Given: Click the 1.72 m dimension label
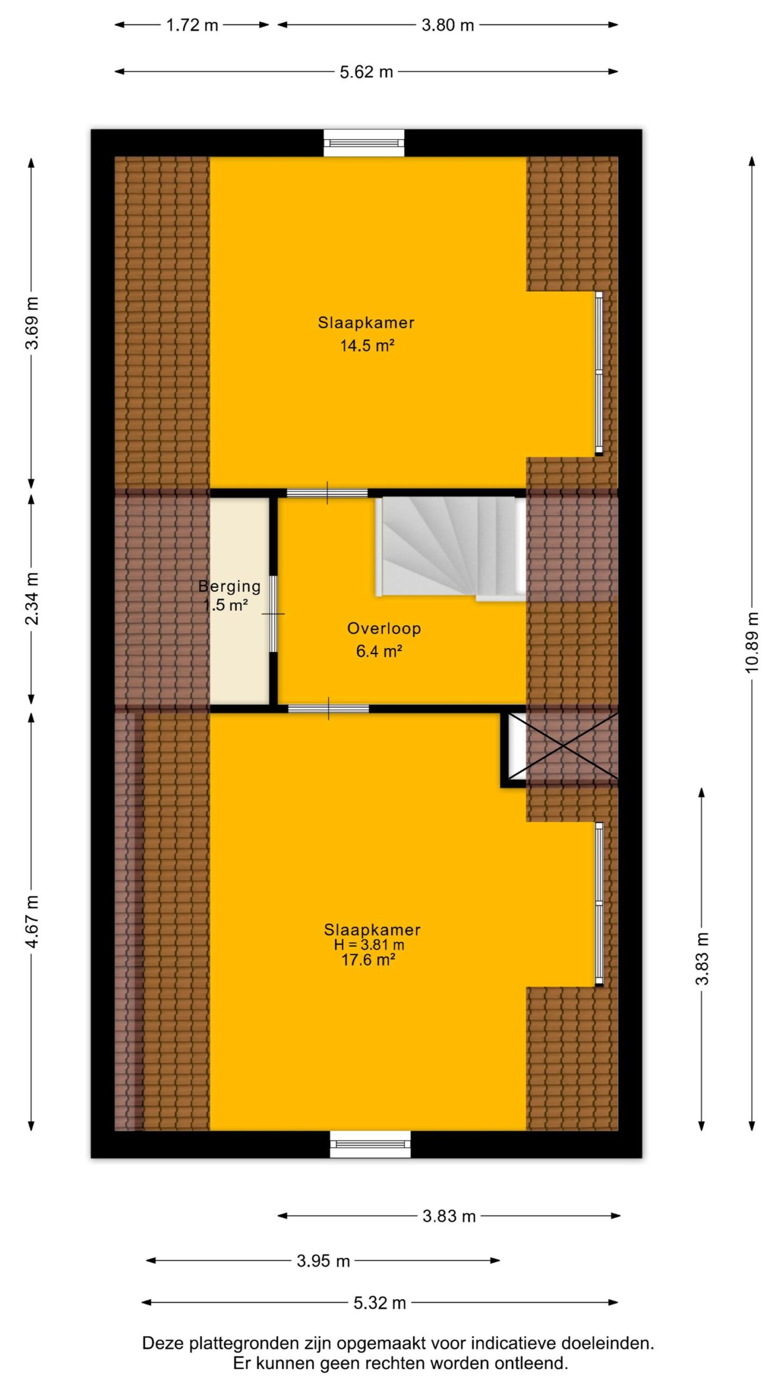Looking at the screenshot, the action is tap(192, 25).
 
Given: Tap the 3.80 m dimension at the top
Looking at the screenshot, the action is tap(448, 25).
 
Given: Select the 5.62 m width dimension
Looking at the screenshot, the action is tap(366, 72).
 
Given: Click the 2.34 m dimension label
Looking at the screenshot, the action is tap(32, 598).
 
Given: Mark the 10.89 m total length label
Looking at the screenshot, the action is tap(751, 642).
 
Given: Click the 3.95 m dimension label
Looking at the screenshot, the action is tap(323, 1261).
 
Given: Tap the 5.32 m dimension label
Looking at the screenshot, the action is tap(380, 1302).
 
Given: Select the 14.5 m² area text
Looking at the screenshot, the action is tap(367, 346).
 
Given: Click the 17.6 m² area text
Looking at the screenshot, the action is tap(368, 960).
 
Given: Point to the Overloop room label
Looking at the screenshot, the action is tap(384, 629).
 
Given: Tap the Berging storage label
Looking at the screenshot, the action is tap(229, 586).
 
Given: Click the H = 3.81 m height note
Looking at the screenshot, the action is tap(369, 944).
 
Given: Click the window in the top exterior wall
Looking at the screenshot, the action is tap(364, 143).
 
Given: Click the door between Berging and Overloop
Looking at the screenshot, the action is tap(274, 613).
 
